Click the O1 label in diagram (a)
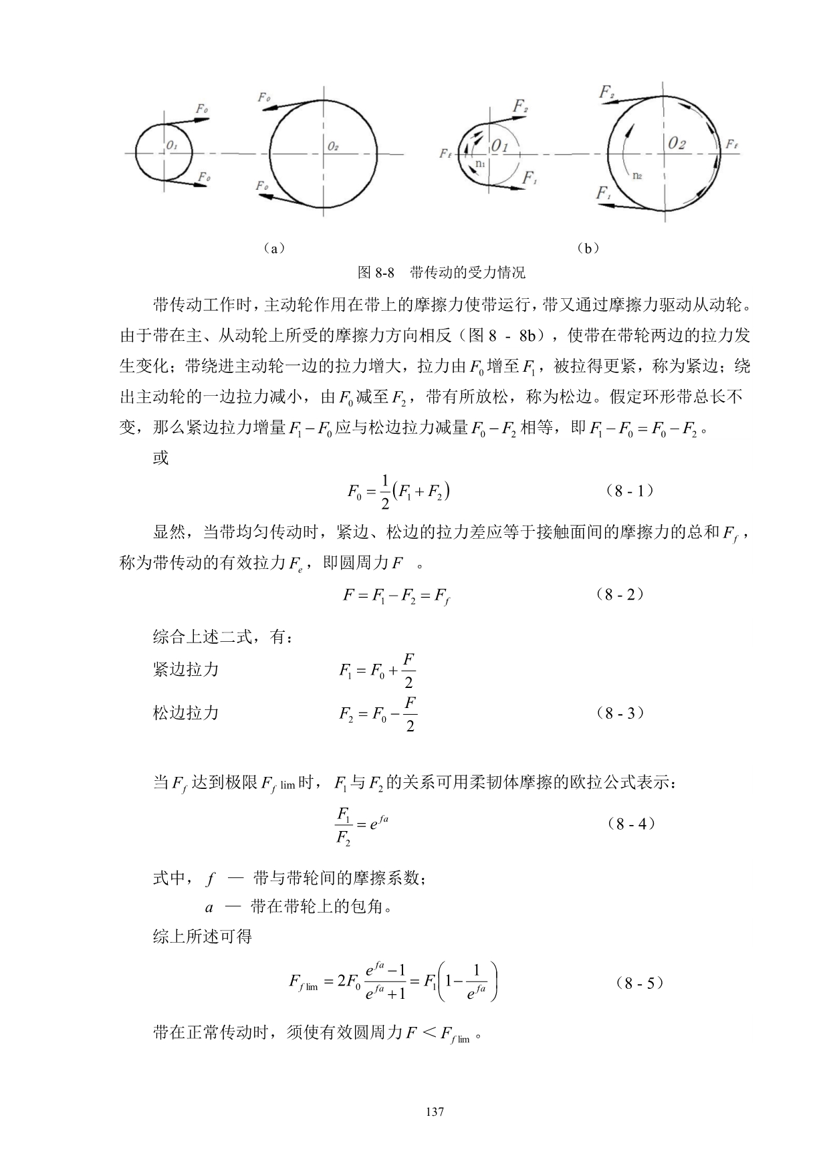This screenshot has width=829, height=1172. (172, 144)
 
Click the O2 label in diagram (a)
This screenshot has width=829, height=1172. (333, 146)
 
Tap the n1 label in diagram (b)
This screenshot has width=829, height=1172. (479, 162)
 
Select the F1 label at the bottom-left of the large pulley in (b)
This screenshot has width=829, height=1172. (604, 193)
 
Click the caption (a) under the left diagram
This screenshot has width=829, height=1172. (274, 248)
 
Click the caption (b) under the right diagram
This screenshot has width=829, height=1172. (588, 248)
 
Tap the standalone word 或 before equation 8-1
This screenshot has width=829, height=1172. (161, 459)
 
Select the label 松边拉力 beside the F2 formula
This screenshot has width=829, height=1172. (186, 713)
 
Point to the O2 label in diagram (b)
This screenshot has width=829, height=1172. (677, 143)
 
